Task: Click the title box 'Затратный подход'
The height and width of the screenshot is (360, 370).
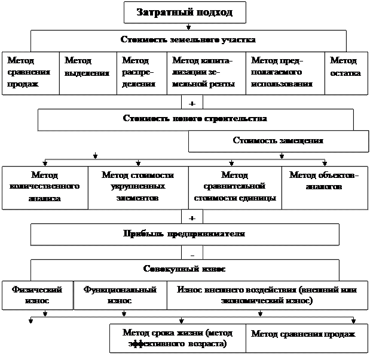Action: (184, 12)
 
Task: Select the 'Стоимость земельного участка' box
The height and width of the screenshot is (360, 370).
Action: (188, 41)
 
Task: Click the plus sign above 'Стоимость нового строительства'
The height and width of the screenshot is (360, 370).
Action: (192, 103)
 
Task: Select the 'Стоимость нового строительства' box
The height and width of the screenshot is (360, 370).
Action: (195, 119)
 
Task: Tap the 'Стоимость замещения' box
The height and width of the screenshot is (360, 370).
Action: (278, 141)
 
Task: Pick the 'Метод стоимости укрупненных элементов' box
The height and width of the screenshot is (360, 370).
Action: (137, 187)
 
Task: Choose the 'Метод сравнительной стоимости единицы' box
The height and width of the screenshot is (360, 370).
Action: (234, 187)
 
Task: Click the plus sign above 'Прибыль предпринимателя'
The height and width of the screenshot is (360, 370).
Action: (192, 217)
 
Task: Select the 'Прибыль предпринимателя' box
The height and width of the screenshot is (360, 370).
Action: (185, 234)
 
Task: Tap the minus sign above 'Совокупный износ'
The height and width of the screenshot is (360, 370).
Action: (192, 253)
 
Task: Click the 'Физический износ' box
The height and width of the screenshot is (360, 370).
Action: (37, 295)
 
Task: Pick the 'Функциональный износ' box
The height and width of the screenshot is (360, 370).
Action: (120, 295)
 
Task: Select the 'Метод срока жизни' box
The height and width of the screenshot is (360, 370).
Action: (177, 339)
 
